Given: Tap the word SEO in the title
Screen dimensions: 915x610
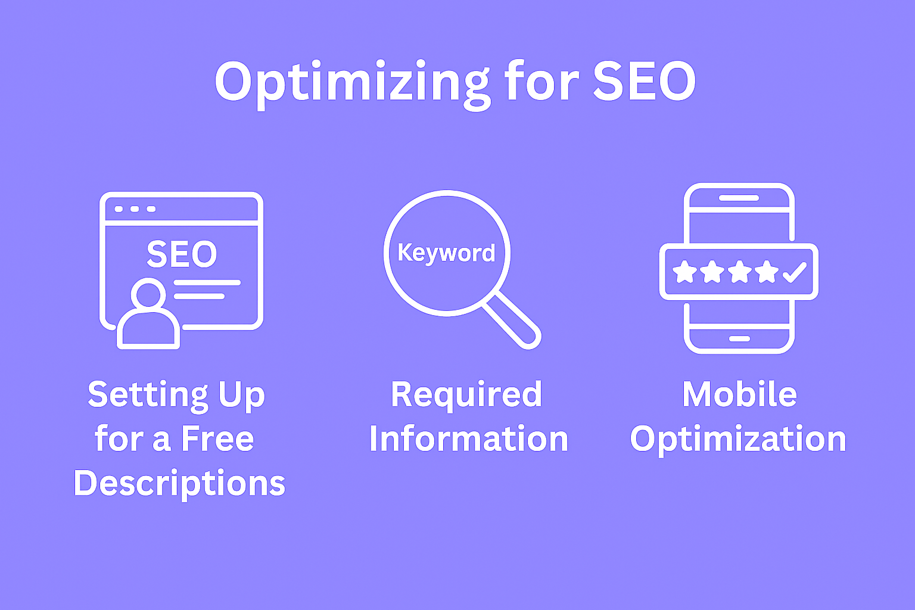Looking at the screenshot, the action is point(645,81).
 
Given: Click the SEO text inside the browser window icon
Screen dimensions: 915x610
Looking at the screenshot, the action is point(182,254).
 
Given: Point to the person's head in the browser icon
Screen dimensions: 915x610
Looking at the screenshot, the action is point(148,292).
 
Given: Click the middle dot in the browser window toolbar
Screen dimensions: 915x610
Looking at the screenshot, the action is point(135,209).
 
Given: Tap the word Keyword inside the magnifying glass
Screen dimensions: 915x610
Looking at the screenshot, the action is point(446,253).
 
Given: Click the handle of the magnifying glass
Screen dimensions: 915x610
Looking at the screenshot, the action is point(512,320).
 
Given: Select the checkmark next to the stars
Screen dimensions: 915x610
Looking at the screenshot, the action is point(795,272).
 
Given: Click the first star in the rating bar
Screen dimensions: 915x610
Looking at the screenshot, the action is point(684,272).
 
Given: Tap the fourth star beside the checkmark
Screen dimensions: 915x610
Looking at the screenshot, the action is point(766,272).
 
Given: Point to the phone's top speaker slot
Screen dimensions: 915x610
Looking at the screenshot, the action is point(739,198).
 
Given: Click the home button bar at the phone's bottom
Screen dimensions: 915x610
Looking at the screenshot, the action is point(739,339).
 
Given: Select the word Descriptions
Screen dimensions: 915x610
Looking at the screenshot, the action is point(179,484).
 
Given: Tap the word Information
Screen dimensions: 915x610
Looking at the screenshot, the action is point(469,439).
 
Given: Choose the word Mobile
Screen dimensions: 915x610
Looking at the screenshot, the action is point(740,394).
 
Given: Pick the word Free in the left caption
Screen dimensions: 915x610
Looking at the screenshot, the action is point(217,439).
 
